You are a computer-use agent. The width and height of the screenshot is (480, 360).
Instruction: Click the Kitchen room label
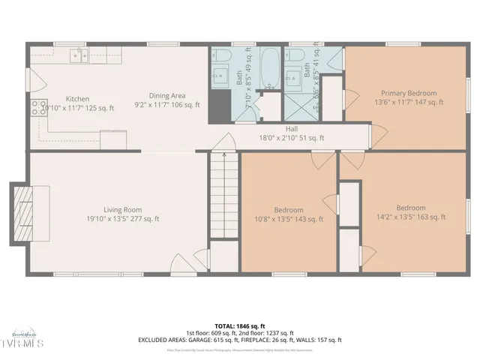click(x=77, y=99)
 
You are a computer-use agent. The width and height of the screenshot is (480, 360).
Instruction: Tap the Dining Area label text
click(x=166, y=95)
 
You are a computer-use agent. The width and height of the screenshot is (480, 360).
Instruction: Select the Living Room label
click(x=123, y=210)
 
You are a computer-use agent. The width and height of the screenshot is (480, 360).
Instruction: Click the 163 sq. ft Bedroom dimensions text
click(x=411, y=217)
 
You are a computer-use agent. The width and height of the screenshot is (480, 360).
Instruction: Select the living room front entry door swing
click(x=182, y=262)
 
